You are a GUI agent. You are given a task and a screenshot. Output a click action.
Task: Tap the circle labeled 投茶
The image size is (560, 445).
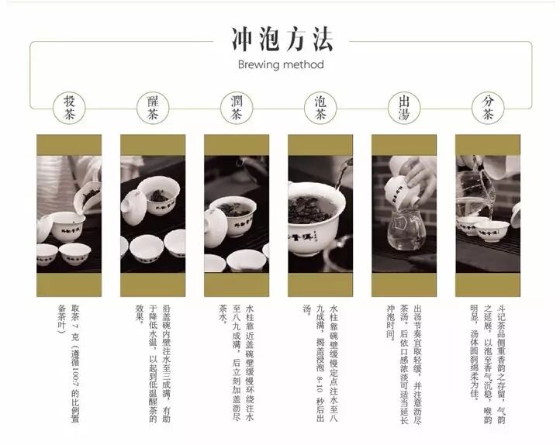(x=69, y=108)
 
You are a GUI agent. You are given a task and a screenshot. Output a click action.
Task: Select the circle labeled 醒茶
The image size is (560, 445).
(x=152, y=108)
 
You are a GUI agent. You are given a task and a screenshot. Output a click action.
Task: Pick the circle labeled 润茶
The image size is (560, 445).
(x=237, y=108)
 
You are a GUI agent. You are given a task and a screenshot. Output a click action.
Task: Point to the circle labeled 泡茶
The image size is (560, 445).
(x=320, y=108)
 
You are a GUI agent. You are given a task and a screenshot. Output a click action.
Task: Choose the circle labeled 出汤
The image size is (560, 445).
(x=404, y=108)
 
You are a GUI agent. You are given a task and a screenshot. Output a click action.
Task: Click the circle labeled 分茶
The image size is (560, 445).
(x=487, y=108)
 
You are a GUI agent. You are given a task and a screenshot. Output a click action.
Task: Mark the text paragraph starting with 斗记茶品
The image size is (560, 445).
(x=487, y=341)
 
